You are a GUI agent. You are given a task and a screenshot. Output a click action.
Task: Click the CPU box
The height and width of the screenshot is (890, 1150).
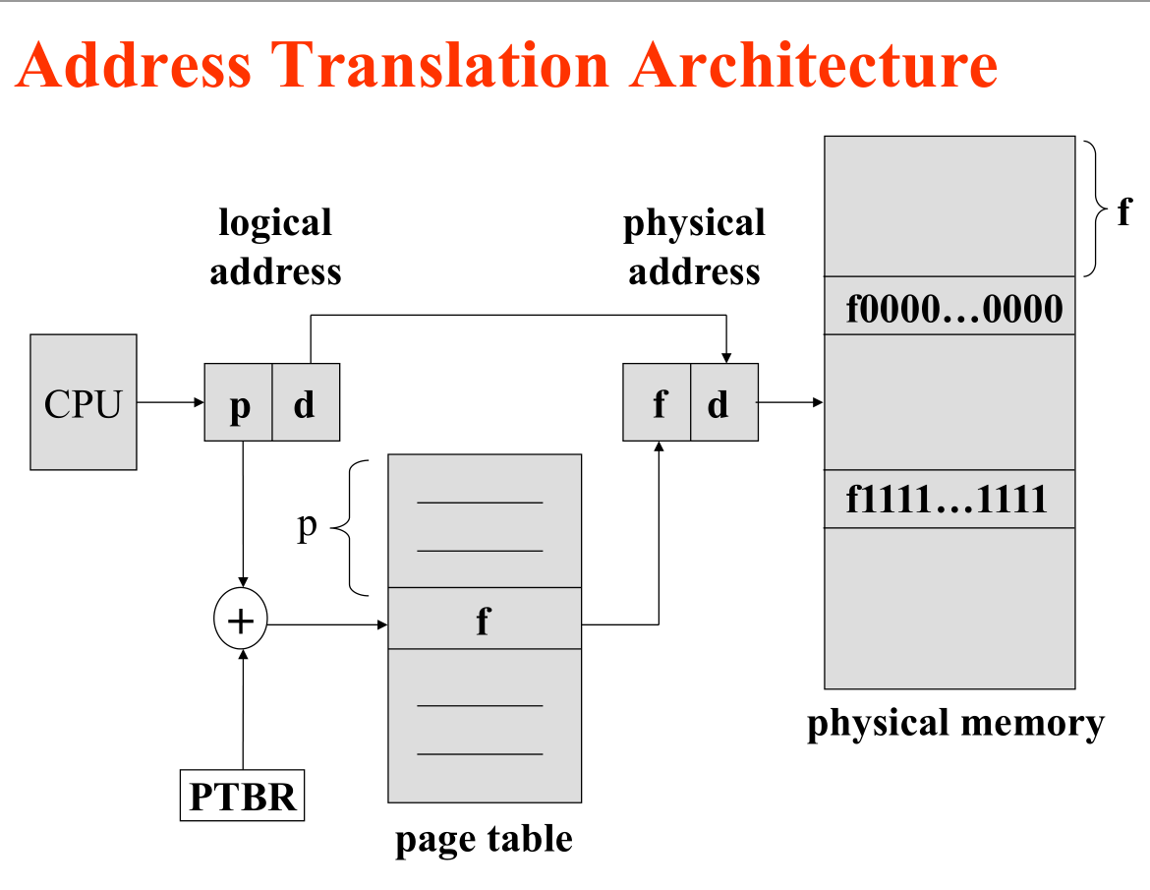(x=84, y=402)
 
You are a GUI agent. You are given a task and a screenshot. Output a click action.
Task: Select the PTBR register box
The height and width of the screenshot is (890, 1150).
(x=242, y=796)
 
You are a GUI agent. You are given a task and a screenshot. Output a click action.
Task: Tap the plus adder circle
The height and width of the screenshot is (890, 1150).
(x=241, y=621)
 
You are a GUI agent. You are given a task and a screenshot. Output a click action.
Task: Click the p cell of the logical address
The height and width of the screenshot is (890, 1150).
(x=239, y=402)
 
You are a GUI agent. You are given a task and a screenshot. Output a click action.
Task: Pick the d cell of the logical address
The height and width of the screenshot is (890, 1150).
(x=305, y=402)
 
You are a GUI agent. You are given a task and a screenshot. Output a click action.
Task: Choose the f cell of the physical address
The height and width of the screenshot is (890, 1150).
(x=658, y=402)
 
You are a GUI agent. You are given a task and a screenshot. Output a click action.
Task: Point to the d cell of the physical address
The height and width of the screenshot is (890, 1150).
(x=723, y=402)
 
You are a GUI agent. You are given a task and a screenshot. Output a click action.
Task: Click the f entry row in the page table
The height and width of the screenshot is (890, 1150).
(x=485, y=620)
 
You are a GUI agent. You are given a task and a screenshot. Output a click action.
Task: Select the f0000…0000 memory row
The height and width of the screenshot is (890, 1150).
(x=949, y=307)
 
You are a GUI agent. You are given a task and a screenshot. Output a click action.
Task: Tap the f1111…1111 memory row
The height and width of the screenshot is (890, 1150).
(x=949, y=500)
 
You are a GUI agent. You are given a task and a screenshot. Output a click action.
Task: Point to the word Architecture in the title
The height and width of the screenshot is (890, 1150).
(x=815, y=66)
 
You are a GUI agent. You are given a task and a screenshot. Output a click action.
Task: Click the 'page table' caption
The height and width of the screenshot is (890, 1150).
(x=484, y=839)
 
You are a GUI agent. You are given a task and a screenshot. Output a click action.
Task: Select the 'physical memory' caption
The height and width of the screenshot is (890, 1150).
(x=955, y=723)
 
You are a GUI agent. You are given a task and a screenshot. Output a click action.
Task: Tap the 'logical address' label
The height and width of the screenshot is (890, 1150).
(x=275, y=246)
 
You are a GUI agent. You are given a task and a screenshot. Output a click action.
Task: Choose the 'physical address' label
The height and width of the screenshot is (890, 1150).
(x=694, y=246)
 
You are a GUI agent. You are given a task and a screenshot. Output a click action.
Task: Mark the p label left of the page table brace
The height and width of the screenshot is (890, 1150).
(x=308, y=527)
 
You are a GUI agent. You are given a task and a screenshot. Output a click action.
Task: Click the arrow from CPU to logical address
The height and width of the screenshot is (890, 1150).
(x=170, y=402)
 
